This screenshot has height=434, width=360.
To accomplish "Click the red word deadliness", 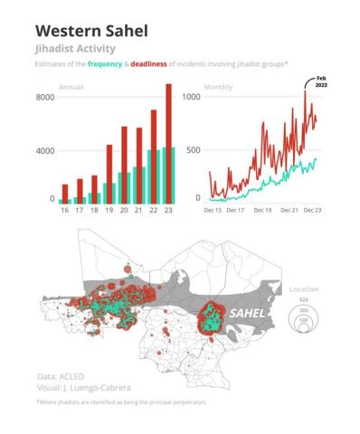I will [x=166, y=65].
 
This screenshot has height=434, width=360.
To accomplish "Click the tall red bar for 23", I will [x=167, y=140].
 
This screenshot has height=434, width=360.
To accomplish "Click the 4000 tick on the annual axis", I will [x=45, y=150].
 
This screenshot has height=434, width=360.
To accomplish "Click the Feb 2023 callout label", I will [x=320, y=80].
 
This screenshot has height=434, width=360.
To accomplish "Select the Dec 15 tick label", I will [x=213, y=210].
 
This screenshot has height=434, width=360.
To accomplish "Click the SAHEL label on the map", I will [x=248, y=313].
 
